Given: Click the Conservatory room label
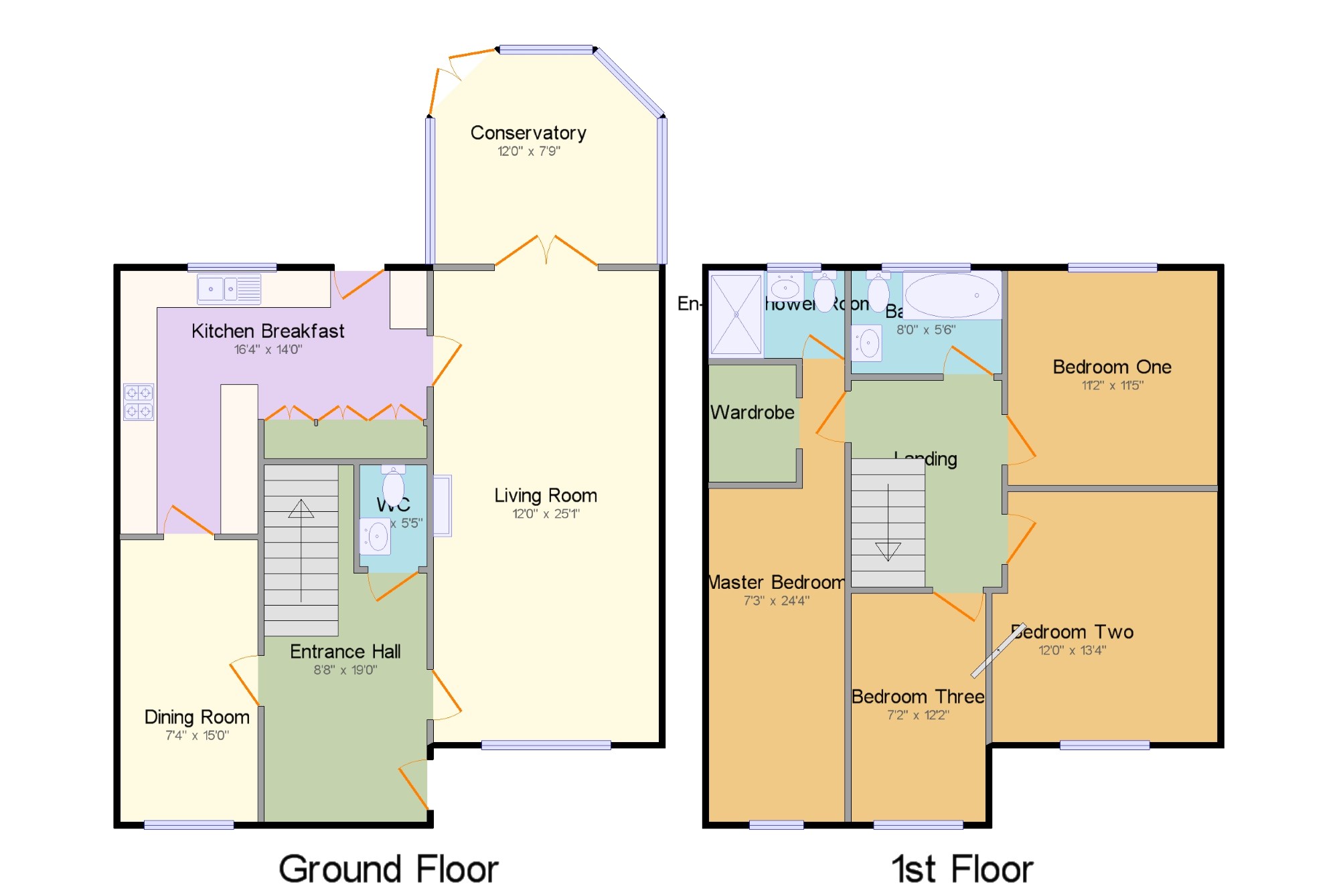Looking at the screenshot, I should (x=528, y=132).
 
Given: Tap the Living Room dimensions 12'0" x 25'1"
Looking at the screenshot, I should (x=546, y=514).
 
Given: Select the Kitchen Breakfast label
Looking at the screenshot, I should (x=268, y=331).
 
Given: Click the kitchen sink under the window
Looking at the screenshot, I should (x=228, y=289).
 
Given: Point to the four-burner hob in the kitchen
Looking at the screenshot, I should (x=139, y=402).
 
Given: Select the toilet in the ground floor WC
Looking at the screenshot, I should (x=393, y=484).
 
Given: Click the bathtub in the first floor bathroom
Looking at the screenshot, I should (x=951, y=295).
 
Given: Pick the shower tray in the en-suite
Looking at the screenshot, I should (x=736, y=314).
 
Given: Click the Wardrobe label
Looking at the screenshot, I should (x=753, y=412).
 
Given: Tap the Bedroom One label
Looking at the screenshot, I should (x=1112, y=367).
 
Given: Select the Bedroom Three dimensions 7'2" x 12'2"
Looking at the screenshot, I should (x=918, y=715).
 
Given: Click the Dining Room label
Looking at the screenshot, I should (x=197, y=717).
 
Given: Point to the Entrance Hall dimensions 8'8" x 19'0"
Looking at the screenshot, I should (x=345, y=670).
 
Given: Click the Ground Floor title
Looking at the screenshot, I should (x=388, y=869).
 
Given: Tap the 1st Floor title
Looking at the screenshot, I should (x=962, y=869).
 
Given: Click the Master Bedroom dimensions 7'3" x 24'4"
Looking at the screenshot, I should (x=777, y=600).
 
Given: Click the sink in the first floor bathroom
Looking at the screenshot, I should (x=868, y=343).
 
